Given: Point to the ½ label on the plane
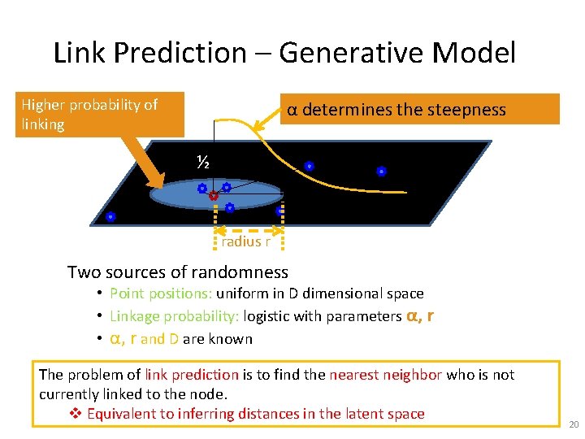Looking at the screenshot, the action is (203, 163).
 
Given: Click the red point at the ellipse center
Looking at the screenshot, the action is (213, 196).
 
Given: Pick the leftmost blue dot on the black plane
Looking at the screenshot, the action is (110, 217).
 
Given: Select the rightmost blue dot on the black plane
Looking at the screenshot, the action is (380, 172).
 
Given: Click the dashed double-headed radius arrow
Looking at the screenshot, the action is (248, 231).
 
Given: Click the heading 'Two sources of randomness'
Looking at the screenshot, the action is (177, 272).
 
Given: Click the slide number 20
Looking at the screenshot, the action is (574, 425).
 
